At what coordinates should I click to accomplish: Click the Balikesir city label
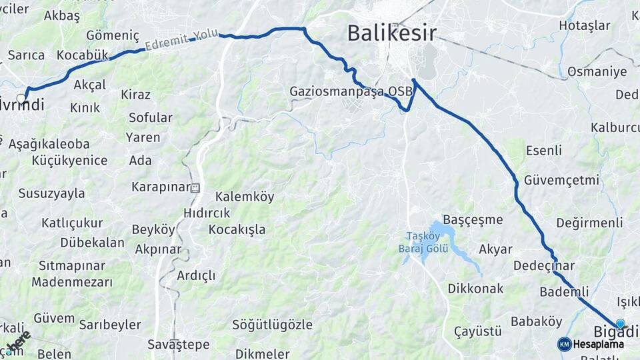392,32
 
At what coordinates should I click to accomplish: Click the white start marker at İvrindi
21,99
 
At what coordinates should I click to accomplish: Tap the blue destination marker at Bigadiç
620,324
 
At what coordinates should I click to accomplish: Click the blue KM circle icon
565,344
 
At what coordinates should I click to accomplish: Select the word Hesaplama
599,345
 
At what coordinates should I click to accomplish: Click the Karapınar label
161,187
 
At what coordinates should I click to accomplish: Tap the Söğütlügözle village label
272,325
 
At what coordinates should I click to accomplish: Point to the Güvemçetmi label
561,180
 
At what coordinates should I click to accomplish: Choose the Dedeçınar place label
543,265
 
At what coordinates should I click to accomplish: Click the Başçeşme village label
473,219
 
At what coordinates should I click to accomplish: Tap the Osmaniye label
597,71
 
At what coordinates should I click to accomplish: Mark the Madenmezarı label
72,282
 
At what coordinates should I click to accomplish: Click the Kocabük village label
82,55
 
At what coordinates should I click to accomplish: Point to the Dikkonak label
475,289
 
